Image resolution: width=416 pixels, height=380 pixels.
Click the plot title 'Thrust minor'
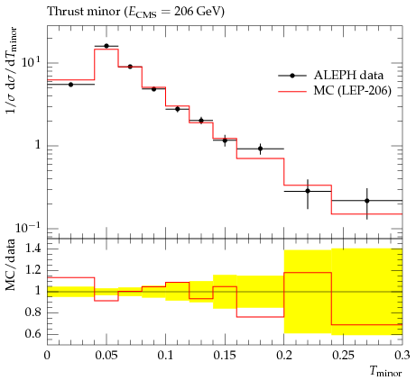coord(84,12)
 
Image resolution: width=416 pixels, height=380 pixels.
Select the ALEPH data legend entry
coord(331,76)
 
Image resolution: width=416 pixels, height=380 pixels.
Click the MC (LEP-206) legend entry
coord(335,90)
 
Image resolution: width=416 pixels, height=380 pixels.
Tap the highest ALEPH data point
coord(106,46)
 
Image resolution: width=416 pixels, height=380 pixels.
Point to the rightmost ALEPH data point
coord(367,201)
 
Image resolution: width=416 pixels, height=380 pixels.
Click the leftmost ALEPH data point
coord(70,85)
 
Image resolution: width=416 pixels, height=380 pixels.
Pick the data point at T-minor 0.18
coord(261,149)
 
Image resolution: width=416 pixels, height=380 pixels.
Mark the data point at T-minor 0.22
coord(308,191)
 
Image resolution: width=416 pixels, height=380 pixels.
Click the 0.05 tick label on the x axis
coord(106,356)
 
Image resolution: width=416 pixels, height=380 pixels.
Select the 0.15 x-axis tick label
coord(225,356)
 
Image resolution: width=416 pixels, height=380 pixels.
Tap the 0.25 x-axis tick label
coord(343,356)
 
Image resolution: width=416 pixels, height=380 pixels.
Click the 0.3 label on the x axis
coord(402,356)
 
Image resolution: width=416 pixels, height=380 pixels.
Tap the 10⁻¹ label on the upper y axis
coord(27,228)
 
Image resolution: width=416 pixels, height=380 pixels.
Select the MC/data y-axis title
coord(11,265)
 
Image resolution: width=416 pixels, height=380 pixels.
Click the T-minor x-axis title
coord(385,372)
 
